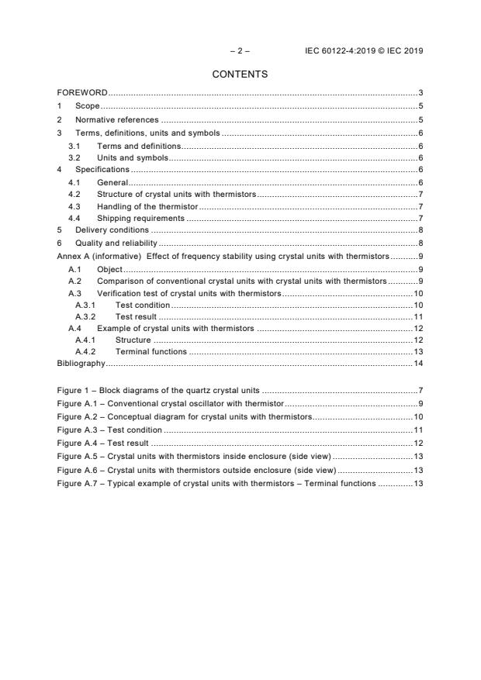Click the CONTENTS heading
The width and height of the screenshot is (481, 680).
click(x=240, y=74)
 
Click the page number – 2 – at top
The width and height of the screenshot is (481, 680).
click(x=240, y=51)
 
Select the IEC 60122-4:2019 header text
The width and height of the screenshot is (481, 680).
click(x=364, y=51)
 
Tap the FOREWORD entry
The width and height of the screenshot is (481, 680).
click(x=82, y=93)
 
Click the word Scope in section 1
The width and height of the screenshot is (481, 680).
click(x=88, y=106)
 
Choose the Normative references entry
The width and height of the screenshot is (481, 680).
click(x=116, y=120)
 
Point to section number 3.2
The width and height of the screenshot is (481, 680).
click(x=74, y=157)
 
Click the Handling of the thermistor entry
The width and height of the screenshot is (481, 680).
click(x=147, y=206)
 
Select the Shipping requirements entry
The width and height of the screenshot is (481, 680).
click(x=140, y=219)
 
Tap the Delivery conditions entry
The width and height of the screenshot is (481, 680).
click(x=112, y=230)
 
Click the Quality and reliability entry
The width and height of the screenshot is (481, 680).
click(x=116, y=243)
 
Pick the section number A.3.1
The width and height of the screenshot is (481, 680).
click(x=85, y=305)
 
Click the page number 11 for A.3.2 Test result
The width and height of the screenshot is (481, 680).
click(x=417, y=317)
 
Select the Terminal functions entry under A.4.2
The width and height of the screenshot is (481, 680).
click(x=151, y=351)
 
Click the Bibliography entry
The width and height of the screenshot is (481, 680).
click(x=81, y=363)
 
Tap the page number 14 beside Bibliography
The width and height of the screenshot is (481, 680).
click(x=417, y=363)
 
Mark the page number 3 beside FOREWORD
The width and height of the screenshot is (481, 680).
click(x=420, y=93)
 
